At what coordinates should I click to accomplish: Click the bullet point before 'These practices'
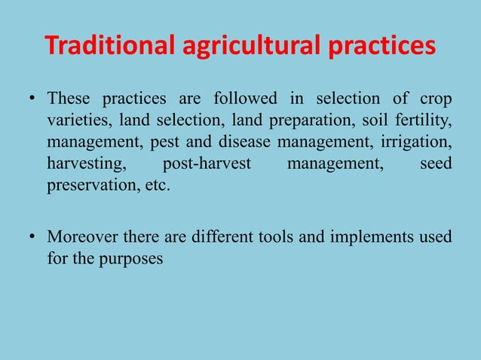(x=32, y=99)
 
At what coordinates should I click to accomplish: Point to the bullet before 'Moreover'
(x=32, y=238)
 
